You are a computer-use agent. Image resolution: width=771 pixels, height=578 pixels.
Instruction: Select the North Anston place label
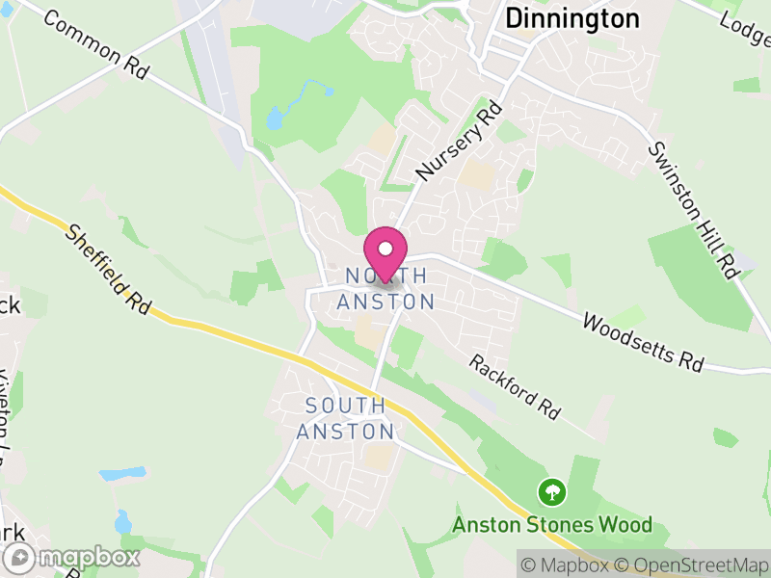coord(385,289)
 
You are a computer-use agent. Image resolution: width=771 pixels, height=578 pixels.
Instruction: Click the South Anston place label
coord(345,418)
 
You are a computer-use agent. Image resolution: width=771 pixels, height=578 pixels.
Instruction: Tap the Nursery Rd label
coord(461,141)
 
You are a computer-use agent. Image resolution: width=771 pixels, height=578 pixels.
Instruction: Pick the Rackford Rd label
coord(515,386)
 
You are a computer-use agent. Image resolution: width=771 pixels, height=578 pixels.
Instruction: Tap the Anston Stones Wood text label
coord(552,526)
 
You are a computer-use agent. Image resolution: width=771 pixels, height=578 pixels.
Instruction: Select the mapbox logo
coord(74,557)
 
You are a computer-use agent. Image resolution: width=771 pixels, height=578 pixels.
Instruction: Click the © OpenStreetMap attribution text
coord(691,565)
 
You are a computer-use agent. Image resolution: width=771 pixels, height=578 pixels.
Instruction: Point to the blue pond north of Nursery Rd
coord(275,118)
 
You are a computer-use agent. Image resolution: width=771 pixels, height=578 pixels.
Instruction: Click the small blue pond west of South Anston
coord(122,474)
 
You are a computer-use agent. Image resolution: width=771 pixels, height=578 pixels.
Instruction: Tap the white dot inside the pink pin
coord(385,250)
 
